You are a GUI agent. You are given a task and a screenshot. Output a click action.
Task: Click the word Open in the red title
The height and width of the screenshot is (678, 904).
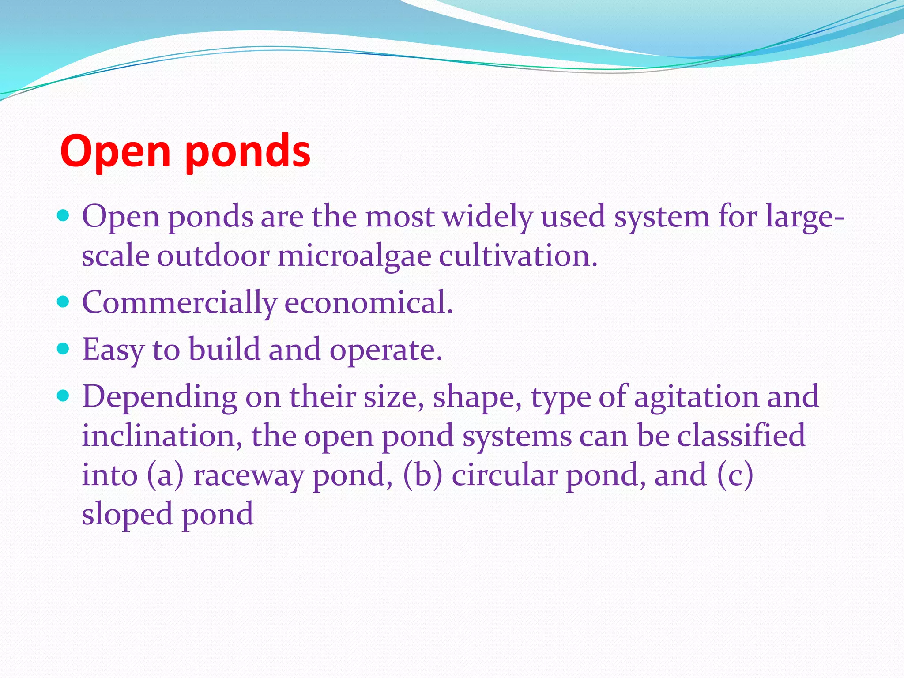115,151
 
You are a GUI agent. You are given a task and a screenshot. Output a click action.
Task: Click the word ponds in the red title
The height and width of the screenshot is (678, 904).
248,151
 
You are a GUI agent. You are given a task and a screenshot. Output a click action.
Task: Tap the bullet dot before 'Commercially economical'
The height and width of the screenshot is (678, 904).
64,302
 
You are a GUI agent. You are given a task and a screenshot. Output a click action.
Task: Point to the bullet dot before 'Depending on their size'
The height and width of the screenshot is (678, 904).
64,396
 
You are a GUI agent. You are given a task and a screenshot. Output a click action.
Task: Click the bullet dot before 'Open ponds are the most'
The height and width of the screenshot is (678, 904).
64,216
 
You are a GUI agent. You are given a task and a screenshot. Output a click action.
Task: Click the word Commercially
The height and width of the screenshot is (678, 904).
179,303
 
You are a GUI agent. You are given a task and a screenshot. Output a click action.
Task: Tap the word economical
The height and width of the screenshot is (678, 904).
369,303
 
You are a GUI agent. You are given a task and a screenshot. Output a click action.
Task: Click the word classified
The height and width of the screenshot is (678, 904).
741,436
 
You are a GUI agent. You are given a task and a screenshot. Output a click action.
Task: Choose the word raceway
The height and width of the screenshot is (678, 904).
249,475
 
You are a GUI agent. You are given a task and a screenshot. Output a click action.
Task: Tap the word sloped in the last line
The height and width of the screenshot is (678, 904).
128,514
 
